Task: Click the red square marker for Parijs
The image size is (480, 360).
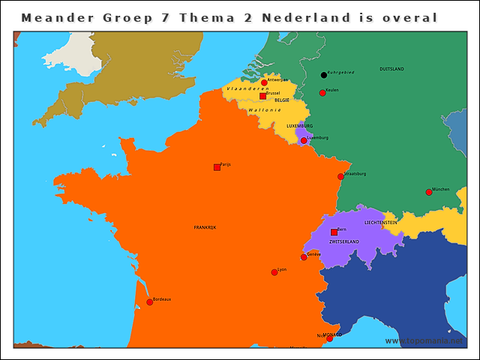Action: point(217,167)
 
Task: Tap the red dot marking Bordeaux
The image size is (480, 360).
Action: point(149,302)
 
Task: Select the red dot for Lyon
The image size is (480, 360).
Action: point(274,272)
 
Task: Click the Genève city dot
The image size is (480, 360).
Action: point(304,257)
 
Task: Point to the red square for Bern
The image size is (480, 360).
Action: point(334,232)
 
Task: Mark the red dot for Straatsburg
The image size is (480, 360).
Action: point(340,177)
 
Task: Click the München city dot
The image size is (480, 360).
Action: point(429,192)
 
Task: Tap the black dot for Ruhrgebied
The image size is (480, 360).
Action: point(324,75)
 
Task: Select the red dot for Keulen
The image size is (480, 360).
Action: point(322,93)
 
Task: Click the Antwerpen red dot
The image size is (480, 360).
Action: point(264,82)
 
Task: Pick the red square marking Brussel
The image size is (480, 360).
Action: point(262,96)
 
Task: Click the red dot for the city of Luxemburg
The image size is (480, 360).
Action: point(304,140)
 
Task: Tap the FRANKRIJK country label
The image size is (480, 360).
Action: point(205,227)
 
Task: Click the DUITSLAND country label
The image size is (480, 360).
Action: point(391,69)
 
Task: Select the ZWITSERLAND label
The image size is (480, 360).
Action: point(344,242)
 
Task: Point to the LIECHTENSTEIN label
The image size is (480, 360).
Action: point(380,223)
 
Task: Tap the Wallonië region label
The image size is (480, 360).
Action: point(264,110)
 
